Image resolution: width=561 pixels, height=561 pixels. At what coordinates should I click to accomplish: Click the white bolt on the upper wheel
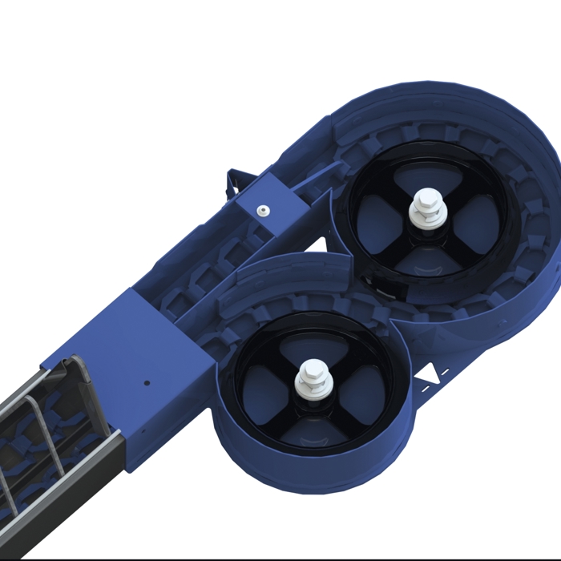point(426,211)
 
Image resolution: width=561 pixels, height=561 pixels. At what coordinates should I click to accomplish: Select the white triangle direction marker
point(432,373)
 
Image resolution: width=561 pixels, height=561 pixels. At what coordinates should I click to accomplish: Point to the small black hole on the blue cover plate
point(147,383)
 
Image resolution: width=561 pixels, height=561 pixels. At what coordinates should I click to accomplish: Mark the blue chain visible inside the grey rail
point(32,449)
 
